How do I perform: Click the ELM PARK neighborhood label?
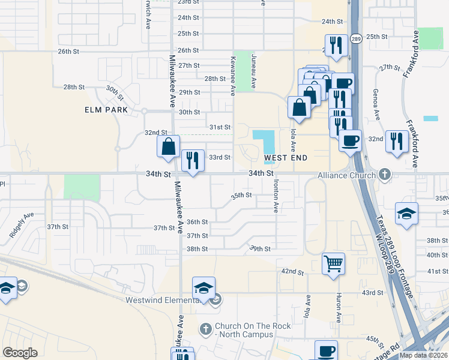pos(106,110)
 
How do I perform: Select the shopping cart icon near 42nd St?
pos(333,263)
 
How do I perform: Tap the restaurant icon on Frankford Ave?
pos(397,141)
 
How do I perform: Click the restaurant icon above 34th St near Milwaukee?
pos(193,160)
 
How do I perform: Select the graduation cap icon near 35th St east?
pos(406,214)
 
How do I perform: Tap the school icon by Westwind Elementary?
pos(203,288)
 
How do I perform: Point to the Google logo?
pos(20,353)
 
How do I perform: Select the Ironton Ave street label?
pos(276,197)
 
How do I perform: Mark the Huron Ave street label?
pos(339,308)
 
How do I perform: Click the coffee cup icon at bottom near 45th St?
pos(326,351)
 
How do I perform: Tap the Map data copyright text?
pos(424,355)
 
